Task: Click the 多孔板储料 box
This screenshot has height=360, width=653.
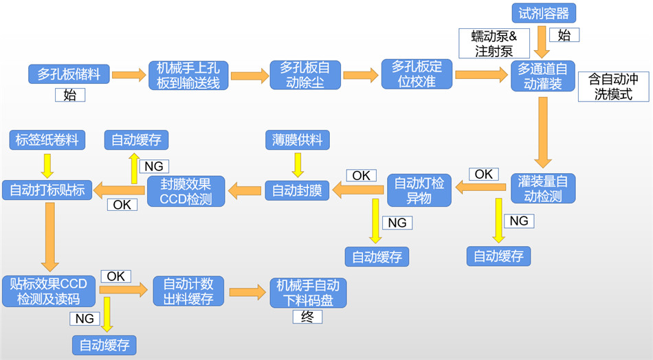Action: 69,74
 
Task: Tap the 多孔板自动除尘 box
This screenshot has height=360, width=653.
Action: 305,75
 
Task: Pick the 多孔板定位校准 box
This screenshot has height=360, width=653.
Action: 417,75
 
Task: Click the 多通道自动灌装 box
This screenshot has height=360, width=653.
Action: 542,76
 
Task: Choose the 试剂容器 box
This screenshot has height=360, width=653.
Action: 544,12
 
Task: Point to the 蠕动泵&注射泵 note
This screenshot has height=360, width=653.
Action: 494,43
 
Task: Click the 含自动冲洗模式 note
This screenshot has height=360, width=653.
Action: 614,87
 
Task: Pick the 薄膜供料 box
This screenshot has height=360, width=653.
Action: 297,141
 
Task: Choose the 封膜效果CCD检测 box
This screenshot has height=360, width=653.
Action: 186,190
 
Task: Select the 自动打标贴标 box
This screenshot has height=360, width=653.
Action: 47,190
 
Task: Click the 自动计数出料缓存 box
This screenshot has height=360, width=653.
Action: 188,291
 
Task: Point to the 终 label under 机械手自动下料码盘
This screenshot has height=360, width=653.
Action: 307,317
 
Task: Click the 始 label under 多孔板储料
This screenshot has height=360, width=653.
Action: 69,95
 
